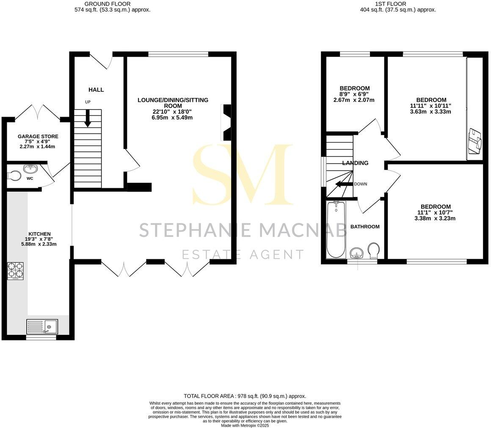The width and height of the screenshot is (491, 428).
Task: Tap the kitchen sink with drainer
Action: click(42, 326)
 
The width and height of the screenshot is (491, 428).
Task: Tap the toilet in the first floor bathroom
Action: click(373, 250)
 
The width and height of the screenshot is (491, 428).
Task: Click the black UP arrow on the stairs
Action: click(88, 118)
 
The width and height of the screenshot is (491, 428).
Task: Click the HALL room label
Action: click(96, 90)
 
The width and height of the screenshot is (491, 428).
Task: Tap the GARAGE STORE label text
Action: click(38, 137)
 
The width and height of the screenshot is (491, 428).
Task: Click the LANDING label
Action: click(355, 163)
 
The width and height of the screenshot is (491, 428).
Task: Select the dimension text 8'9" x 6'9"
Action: click(354, 94)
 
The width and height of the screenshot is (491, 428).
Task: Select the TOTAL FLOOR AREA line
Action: click(245, 396)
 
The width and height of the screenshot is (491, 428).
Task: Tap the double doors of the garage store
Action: click(38, 111)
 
